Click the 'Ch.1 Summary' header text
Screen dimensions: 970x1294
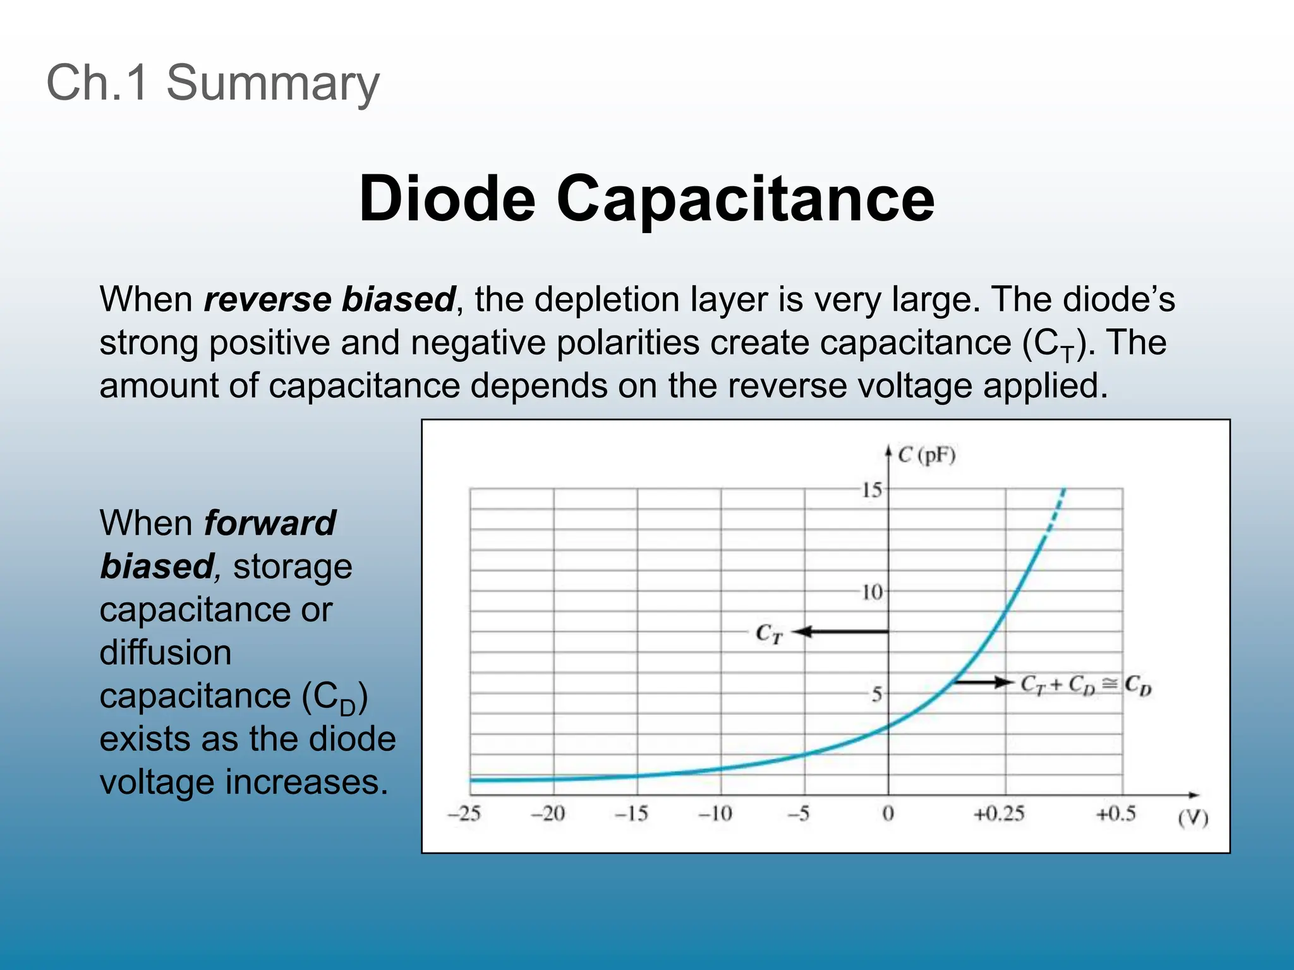point(213,83)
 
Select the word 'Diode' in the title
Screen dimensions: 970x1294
point(447,198)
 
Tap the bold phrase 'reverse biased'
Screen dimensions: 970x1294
point(329,299)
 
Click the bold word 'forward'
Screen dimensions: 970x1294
point(270,524)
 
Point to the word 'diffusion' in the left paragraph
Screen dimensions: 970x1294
point(166,652)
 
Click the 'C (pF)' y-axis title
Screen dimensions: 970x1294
point(926,455)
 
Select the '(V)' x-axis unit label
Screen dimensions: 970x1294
point(1193,818)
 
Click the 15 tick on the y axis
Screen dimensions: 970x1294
point(872,490)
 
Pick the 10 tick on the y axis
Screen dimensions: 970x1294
point(872,592)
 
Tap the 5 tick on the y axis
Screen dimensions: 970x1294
point(876,695)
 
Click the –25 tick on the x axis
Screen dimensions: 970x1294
point(464,813)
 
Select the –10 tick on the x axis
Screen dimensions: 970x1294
point(715,813)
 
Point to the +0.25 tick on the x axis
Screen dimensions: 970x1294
point(998,813)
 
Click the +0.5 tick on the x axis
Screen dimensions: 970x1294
point(1116,813)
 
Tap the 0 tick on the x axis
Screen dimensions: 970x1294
point(888,813)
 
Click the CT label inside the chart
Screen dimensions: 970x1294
point(769,633)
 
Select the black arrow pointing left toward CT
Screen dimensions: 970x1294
point(840,632)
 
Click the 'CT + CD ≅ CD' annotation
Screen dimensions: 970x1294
point(1086,685)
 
